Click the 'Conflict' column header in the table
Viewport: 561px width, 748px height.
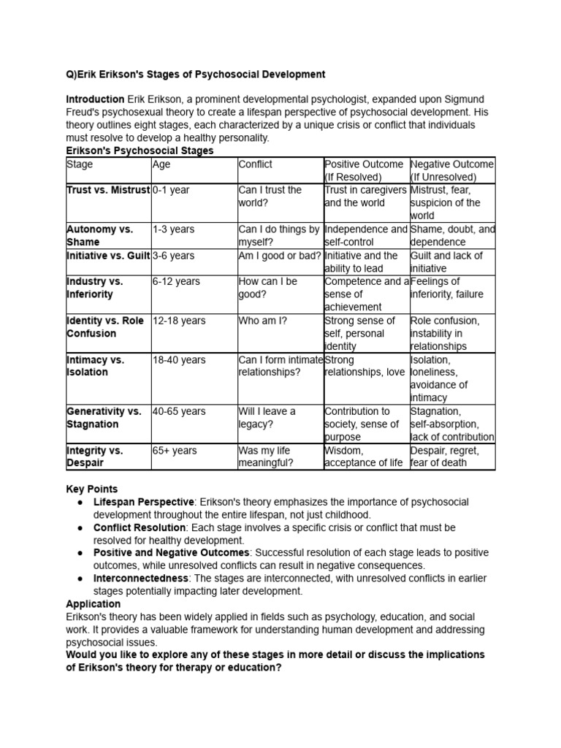[x=256, y=164]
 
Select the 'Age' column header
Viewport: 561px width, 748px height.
[x=161, y=164]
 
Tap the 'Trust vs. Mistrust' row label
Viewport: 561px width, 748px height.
[x=107, y=190]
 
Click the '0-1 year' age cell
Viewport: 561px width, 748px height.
[x=171, y=190]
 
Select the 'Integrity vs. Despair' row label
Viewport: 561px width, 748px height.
[x=95, y=457]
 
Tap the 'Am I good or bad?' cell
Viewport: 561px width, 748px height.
[x=278, y=256]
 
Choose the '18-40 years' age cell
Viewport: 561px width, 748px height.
[x=179, y=359]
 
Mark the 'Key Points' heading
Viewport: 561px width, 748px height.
[x=91, y=489]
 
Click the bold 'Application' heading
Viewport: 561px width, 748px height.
[x=93, y=604]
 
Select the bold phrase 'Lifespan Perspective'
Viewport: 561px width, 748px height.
[x=143, y=502]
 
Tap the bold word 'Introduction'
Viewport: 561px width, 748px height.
[x=95, y=99]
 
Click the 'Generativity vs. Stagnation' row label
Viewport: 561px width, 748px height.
[x=104, y=418]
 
